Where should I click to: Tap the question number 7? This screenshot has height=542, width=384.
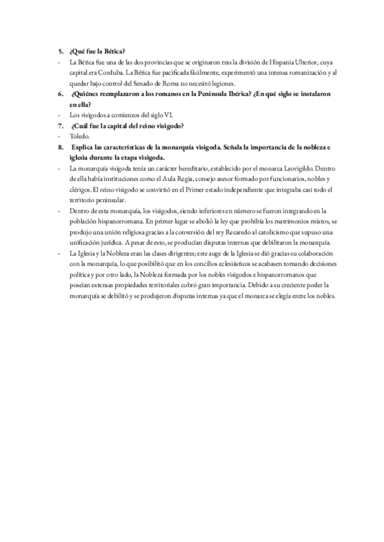point(60,125)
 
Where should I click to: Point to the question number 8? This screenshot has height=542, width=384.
point(60,147)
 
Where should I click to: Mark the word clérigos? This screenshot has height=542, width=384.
point(81,190)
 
